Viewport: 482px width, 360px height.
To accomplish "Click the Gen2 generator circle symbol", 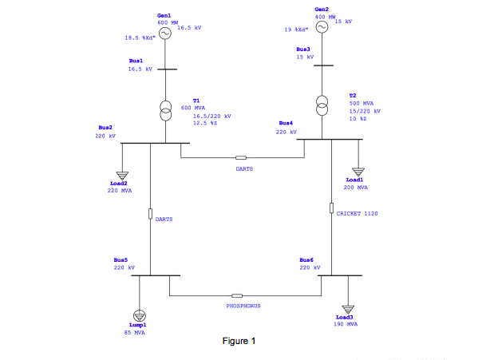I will (x=322, y=26).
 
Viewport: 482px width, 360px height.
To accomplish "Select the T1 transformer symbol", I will (x=165, y=110).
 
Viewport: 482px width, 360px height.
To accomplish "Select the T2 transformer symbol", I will (x=322, y=104).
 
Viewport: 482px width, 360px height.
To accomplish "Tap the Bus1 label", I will (x=136, y=61).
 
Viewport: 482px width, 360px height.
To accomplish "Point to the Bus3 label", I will (x=304, y=49).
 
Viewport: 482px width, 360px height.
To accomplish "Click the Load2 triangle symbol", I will (x=122, y=174).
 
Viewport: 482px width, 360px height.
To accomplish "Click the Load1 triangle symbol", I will (x=358, y=172).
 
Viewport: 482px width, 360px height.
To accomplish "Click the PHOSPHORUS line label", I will (x=243, y=306).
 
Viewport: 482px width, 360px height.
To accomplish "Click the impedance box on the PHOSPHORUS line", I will (x=237, y=296).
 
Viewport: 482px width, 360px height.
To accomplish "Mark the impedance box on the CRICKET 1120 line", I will (x=331, y=208).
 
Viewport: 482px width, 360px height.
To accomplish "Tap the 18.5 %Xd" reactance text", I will (x=138, y=38).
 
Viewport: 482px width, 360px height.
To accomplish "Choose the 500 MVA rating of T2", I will (x=361, y=103).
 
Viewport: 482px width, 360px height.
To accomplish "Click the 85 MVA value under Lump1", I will (x=134, y=332).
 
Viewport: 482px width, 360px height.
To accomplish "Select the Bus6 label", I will (x=306, y=260).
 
